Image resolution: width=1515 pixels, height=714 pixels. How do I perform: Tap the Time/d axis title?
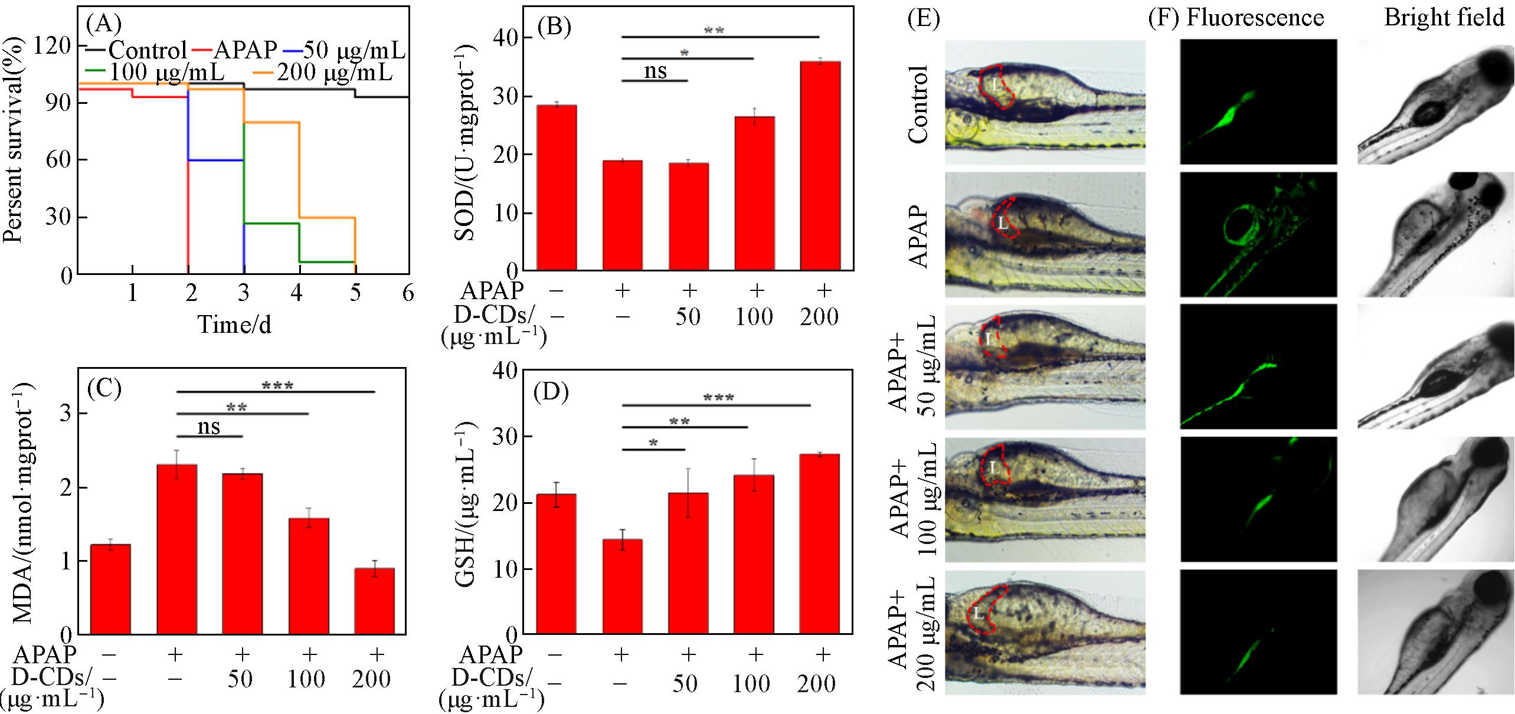pos(235,325)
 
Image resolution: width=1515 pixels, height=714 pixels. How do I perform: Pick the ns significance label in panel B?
pos(655,71)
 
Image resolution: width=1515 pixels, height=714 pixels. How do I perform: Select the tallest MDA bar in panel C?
pos(177,549)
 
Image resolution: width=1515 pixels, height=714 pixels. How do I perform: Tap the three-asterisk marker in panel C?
pos(277,387)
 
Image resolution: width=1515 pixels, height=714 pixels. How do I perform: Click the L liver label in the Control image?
pos(996,84)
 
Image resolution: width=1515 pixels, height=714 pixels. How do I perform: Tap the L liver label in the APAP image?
pos(1003,223)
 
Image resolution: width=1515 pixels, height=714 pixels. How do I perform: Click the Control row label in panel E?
pos(918,104)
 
